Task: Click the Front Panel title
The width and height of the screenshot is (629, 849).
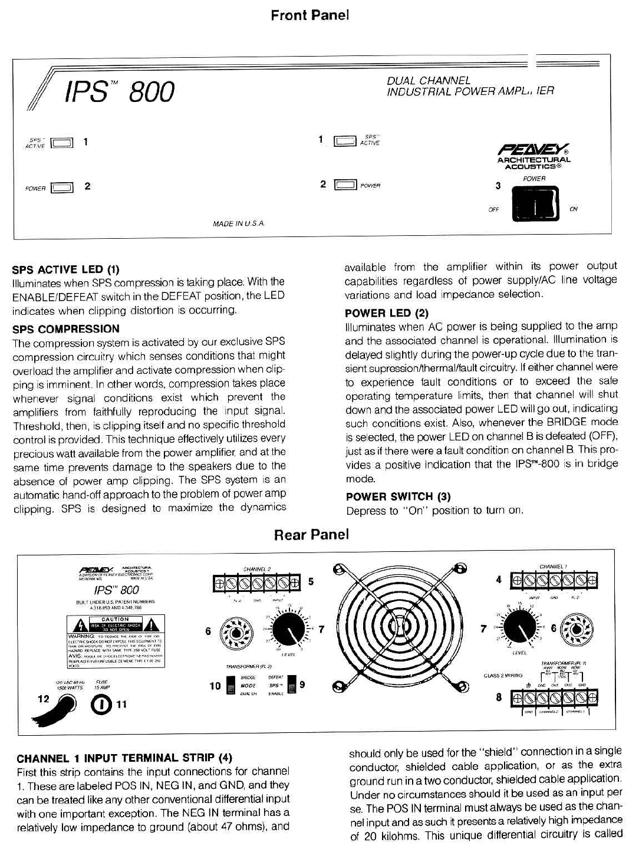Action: pyautogui.click(x=309, y=15)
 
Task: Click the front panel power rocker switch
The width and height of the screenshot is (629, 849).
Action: pyautogui.click(x=535, y=205)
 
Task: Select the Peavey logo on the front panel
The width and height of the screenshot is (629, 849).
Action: pyautogui.click(x=534, y=150)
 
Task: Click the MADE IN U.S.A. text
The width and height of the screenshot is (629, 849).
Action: pyautogui.click(x=239, y=223)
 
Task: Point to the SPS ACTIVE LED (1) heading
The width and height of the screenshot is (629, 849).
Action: pyautogui.click(x=66, y=270)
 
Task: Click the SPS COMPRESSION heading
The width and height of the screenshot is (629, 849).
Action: pyautogui.click(x=66, y=329)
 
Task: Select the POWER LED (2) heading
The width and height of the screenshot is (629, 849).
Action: pyautogui.click(x=387, y=313)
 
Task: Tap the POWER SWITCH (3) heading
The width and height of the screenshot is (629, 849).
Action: pyautogui.click(x=398, y=496)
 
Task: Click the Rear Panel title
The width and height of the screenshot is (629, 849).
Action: pyautogui.click(x=311, y=535)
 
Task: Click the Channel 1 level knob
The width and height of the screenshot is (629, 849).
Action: pyautogui.click(x=519, y=628)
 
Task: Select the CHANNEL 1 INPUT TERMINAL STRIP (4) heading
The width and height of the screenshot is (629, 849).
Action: pyautogui.click(x=124, y=758)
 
